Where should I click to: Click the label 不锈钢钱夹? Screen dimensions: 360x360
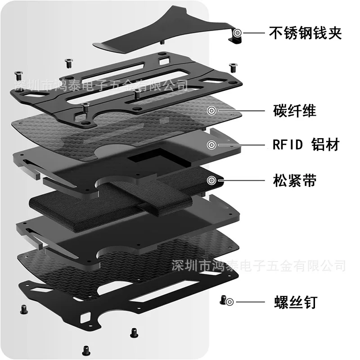305,33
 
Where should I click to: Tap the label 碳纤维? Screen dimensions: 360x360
295,111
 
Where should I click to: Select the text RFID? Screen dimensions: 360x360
288,144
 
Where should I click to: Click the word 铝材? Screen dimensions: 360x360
325,144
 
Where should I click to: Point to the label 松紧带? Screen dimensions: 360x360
295,180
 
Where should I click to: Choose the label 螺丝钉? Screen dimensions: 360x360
296,302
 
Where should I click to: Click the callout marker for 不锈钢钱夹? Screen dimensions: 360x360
237,33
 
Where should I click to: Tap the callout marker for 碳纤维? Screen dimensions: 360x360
211,111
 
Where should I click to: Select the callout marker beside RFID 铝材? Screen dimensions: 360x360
211,145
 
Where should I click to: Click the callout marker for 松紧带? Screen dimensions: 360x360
211,180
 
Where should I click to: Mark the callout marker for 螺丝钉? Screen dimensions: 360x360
229,301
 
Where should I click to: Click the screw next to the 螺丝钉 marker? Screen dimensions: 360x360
222,300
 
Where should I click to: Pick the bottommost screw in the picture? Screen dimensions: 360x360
86,351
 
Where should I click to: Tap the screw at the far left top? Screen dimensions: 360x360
18,75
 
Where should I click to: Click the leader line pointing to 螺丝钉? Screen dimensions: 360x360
250,302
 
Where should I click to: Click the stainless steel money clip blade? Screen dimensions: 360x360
165,32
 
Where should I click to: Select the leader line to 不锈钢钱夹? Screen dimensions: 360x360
254,33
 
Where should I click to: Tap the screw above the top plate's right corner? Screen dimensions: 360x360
233,67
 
